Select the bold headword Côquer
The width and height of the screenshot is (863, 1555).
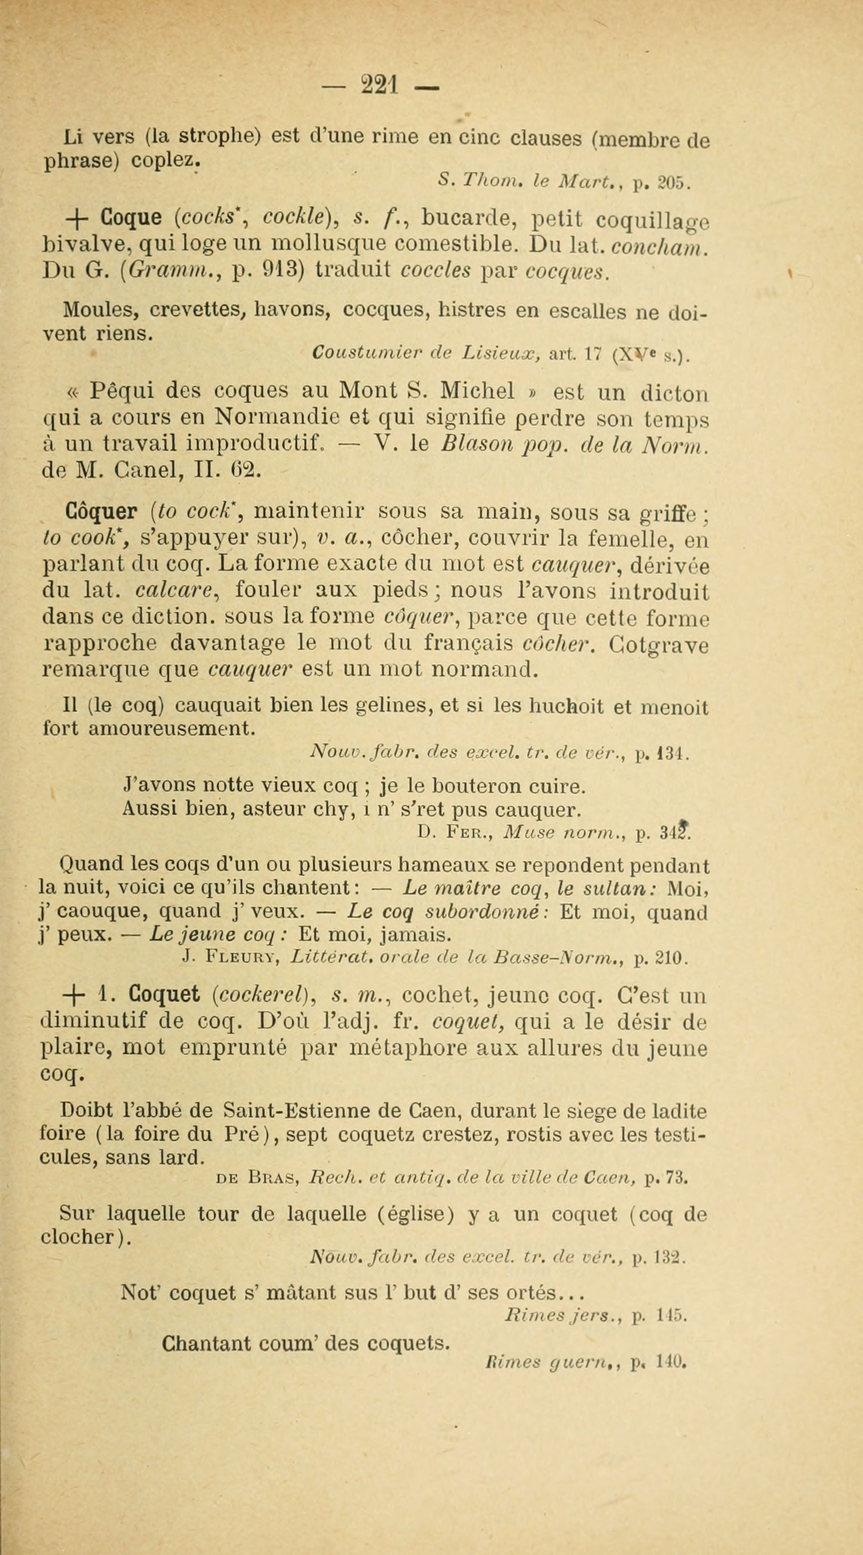(x=101, y=511)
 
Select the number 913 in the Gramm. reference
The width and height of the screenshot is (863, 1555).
(x=281, y=271)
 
